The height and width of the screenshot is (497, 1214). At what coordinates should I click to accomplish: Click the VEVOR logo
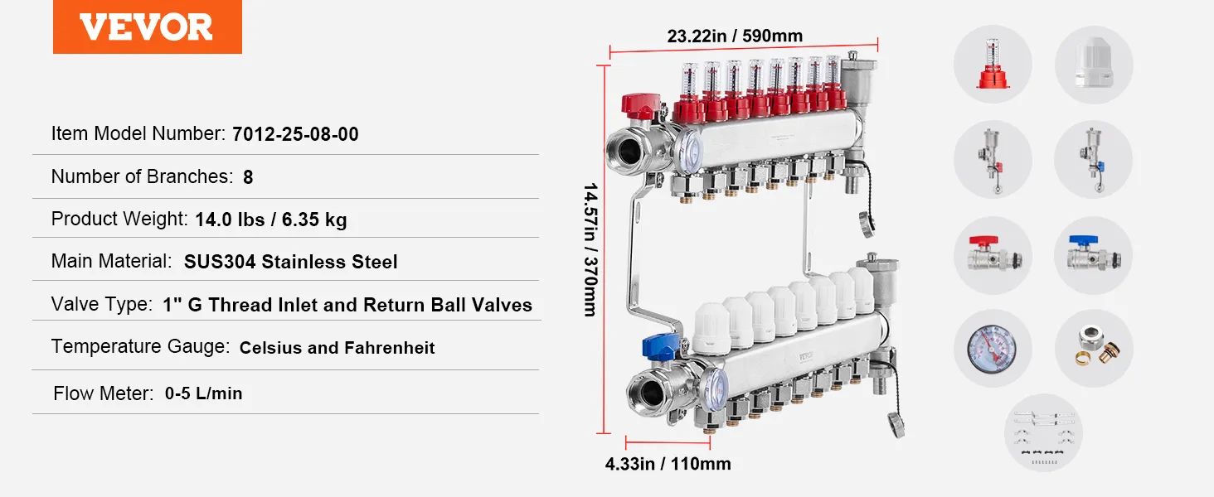click(147, 27)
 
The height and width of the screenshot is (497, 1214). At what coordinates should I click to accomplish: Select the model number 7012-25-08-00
click(295, 134)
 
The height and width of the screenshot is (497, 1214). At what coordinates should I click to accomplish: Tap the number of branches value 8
click(248, 177)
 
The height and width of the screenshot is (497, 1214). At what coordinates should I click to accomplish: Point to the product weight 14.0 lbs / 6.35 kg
click(271, 220)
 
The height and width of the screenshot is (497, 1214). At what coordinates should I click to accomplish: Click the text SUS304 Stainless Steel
click(290, 262)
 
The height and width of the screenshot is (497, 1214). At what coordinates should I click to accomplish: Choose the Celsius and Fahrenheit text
click(337, 348)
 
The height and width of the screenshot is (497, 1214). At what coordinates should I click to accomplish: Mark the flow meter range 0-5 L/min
click(203, 393)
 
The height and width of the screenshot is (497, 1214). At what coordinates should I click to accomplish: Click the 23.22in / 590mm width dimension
click(735, 36)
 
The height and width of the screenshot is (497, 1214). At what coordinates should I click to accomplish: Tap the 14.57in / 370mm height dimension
click(590, 249)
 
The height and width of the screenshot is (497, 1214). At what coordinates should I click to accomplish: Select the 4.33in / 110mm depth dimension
click(668, 464)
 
